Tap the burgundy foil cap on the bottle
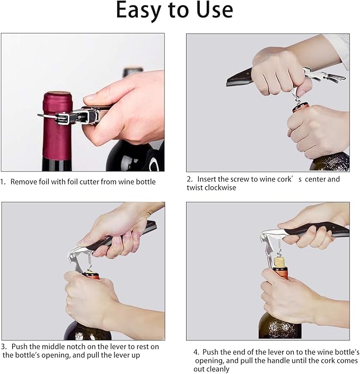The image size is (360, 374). pos(57,127)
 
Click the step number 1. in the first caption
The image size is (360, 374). pos(3,182)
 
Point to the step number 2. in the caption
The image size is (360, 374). pos(190,179)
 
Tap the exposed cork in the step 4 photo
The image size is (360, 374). pos(279,262)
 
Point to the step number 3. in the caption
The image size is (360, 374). pos(4,347)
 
